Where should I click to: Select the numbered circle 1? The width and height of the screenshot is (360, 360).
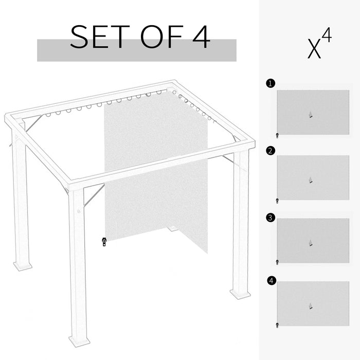(271, 83)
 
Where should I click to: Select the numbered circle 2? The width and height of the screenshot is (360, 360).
(271, 151)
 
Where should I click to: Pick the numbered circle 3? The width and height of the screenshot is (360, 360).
(271, 218)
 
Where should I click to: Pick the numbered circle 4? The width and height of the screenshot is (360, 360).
(271, 281)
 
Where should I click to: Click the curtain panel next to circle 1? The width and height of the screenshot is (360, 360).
(313, 112)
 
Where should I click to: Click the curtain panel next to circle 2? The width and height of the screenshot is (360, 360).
(313, 177)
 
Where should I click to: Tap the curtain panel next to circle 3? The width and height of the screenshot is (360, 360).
(313, 241)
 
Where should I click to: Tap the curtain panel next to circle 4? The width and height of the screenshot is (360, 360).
(313, 303)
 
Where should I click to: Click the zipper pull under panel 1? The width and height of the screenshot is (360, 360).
(277, 136)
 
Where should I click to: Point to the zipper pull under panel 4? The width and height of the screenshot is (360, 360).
(277, 325)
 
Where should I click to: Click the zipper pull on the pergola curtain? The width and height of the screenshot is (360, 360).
(104, 242)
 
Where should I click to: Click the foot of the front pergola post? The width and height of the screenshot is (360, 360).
(79, 341)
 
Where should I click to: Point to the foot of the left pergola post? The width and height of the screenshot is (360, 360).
(23, 266)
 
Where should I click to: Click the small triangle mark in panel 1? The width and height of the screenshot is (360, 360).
(310, 115)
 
